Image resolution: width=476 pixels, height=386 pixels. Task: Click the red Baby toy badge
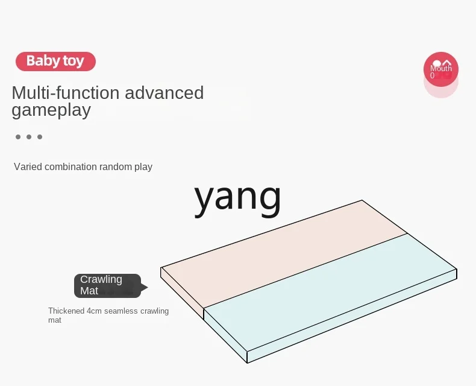click(55, 61)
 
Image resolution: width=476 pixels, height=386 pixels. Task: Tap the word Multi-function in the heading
click(66, 93)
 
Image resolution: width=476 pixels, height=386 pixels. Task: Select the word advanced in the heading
click(164, 93)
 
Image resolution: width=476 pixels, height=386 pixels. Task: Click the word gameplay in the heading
click(51, 110)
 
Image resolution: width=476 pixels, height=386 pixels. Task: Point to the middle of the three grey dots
click(29, 137)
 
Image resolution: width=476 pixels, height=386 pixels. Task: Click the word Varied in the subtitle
click(27, 166)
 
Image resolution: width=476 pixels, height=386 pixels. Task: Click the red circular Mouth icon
click(440, 69)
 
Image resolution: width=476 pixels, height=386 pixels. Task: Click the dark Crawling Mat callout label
click(106, 285)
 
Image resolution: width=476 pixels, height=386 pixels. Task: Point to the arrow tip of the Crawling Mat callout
click(147, 286)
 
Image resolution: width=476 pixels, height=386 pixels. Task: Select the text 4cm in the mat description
click(95, 311)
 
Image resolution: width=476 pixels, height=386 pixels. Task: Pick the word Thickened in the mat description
click(66, 311)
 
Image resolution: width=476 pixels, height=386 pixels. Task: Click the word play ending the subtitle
click(143, 167)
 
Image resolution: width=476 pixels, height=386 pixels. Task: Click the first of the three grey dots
click(18, 137)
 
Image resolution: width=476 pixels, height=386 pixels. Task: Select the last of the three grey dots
click(40, 137)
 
